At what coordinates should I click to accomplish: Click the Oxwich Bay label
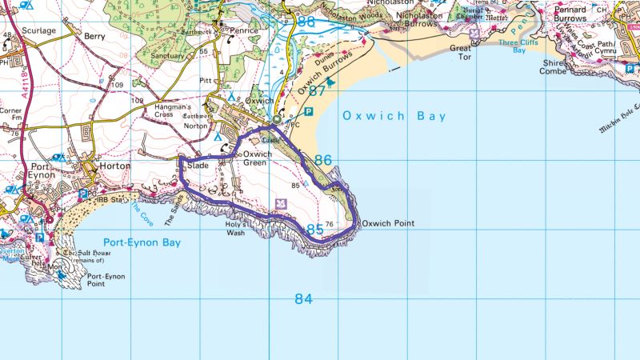(394, 117)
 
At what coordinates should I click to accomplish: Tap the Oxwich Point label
(388, 224)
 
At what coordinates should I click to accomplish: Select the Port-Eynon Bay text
(142, 242)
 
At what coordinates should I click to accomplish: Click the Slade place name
(198, 166)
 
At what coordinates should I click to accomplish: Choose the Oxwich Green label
(258, 158)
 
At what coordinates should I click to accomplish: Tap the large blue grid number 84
(302, 299)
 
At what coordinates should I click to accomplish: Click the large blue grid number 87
(318, 91)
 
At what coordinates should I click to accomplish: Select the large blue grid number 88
(306, 22)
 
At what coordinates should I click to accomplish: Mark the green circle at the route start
(276, 120)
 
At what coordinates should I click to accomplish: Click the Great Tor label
(462, 53)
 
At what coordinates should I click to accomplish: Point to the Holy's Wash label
(234, 230)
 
